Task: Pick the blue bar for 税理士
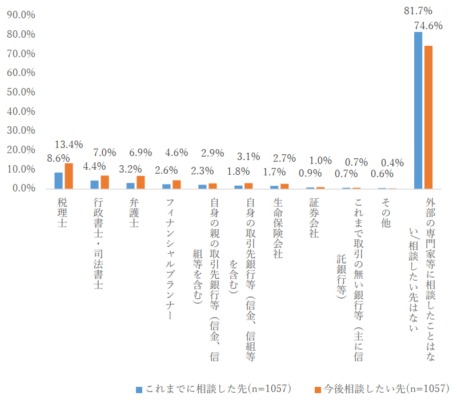(x=58, y=181)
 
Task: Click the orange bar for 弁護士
(x=141, y=182)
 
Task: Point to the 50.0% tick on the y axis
(x=20, y=93)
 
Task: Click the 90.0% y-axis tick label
(x=20, y=15)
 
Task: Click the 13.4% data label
(x=69, y=144)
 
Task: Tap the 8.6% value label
(x=58, y=158)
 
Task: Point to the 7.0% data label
(x=105, y=153)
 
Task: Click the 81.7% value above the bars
(x=418, y=10)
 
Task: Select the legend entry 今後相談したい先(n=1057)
(x=380, y=389)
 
